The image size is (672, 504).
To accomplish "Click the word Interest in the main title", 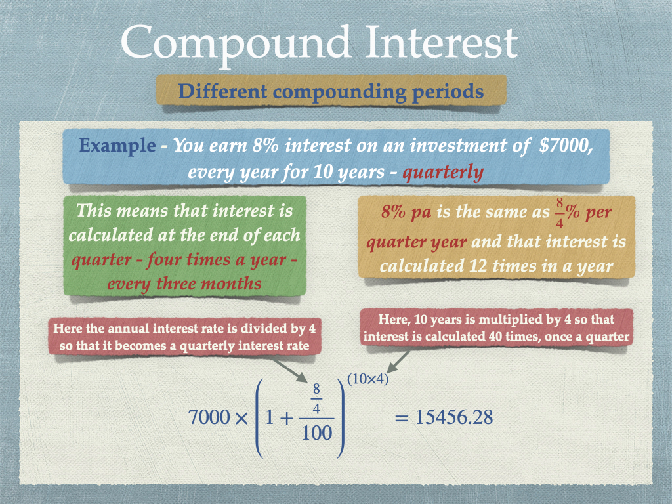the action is [442, 41].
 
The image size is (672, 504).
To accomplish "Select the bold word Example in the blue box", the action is [117, 146].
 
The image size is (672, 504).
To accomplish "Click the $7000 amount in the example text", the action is [566, 146].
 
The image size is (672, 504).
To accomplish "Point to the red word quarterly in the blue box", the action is [443, 173].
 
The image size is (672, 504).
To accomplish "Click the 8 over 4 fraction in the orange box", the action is [559, 213].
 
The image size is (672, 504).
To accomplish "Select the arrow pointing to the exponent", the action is [399, 362].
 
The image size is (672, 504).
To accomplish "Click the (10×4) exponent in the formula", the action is [368, 379].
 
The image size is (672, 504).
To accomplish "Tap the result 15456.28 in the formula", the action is [455, 417].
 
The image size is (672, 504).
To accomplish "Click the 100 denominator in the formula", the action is [317, 433].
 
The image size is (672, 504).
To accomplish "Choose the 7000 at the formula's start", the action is [209, 417].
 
